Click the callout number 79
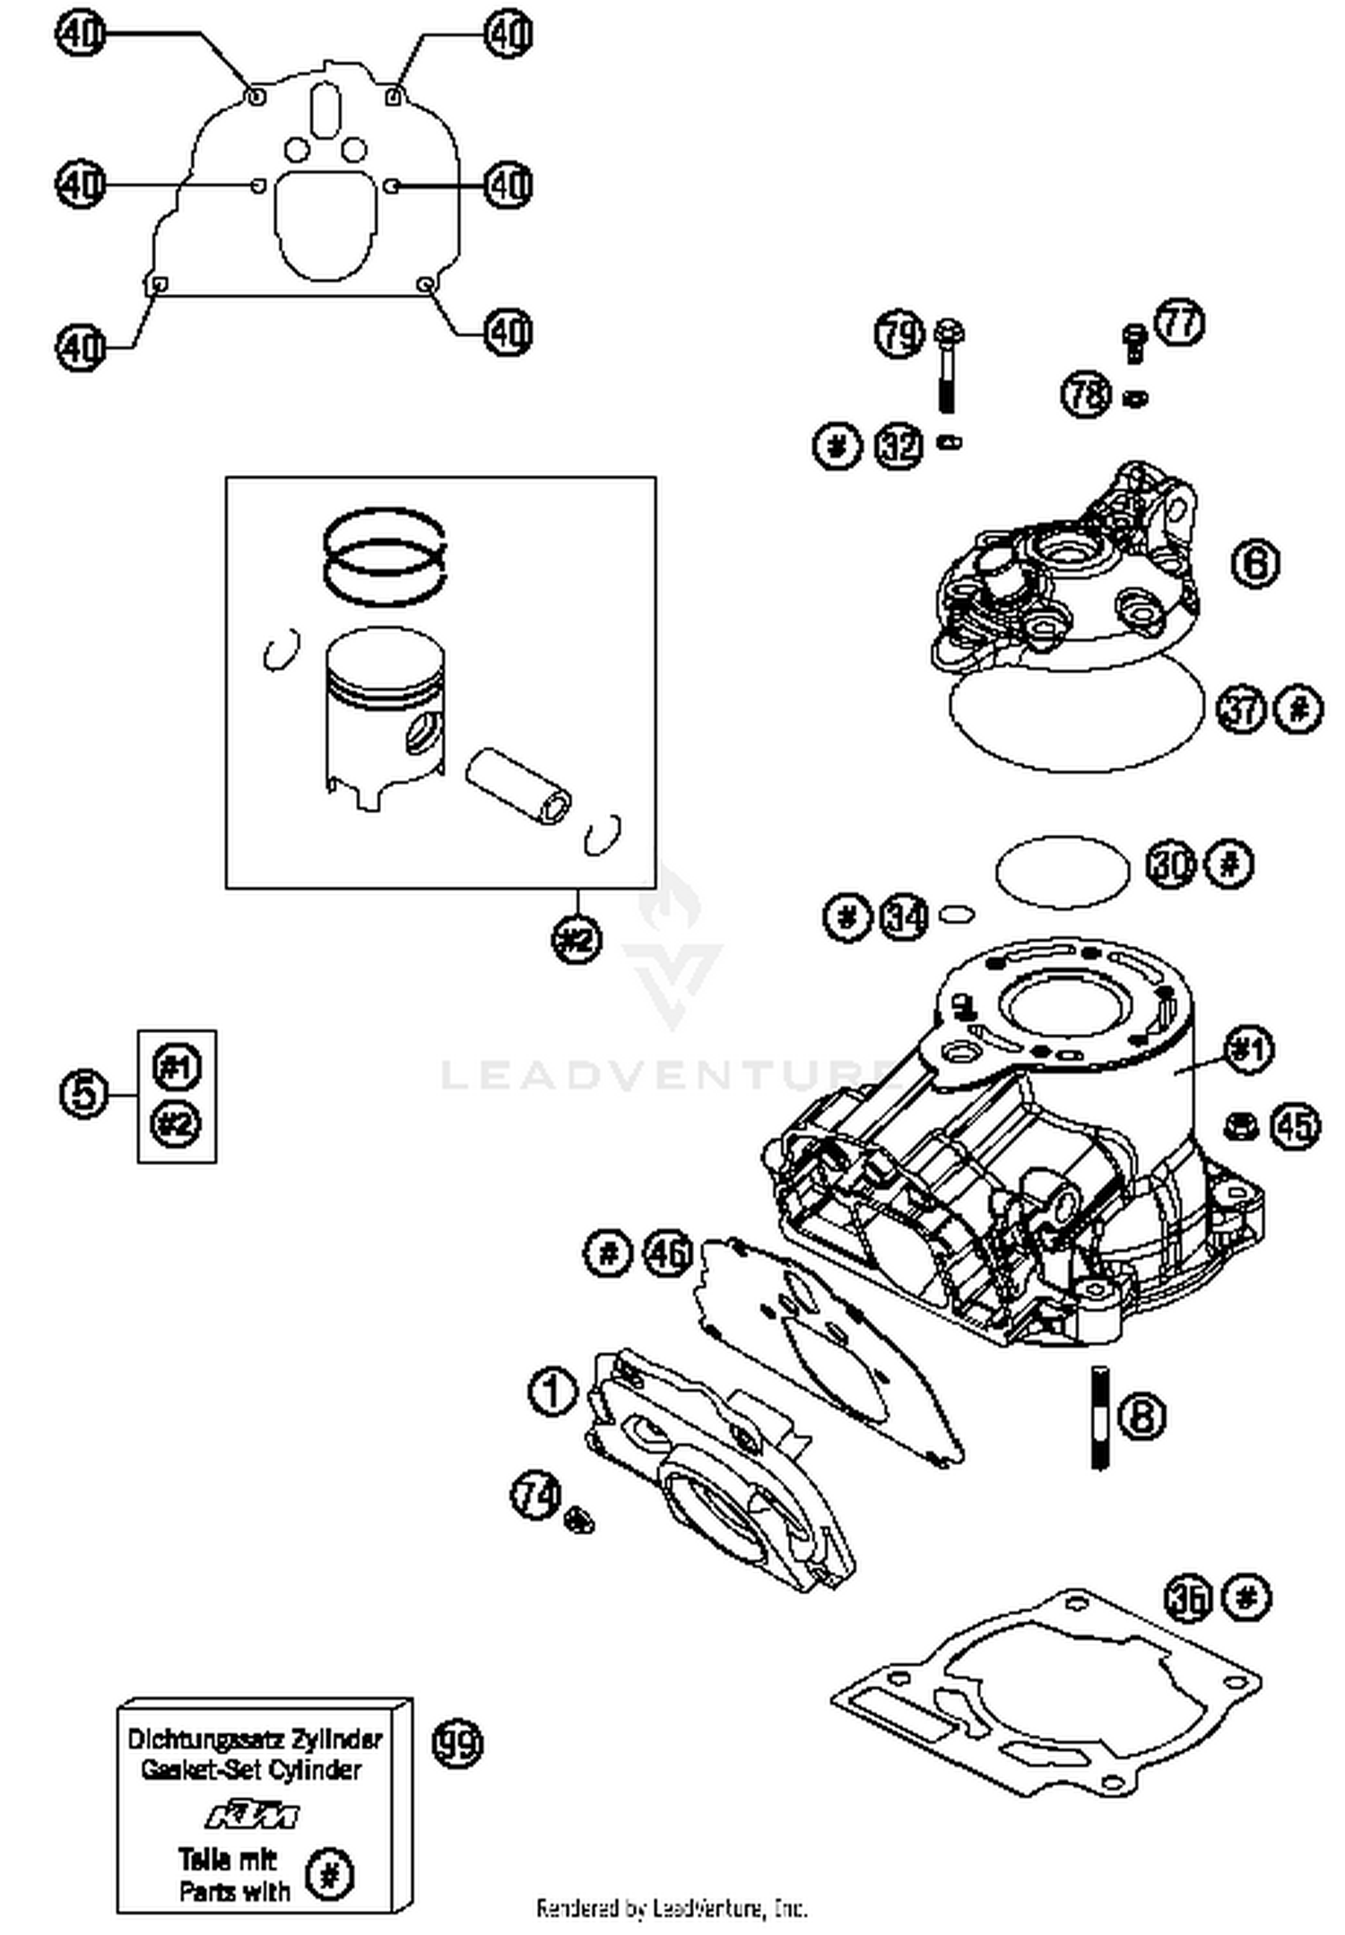[x=898, y=334]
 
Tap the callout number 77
[x=1179, y=323]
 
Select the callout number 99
[x=456, y=1743]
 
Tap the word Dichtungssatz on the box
[x=192, y=1740]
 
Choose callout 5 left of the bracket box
[x=83, y=1094]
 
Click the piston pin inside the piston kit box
[x=518, y=782]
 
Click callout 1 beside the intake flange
[x=552, y=1392]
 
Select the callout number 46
[x=668, y=1254]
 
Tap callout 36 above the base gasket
[x=1189, y=1598]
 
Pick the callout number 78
[x=1086, y=395]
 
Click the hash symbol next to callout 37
[x=1297, y=709]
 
